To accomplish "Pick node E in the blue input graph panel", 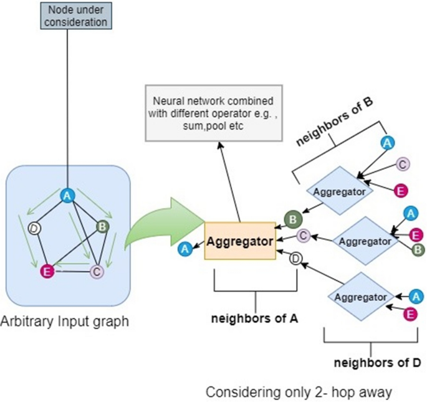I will point(45,270).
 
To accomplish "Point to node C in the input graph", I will point(96,271).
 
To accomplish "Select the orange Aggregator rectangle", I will point(240,240).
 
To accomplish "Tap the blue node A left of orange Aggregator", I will point(185,249).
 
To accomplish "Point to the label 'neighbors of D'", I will point(369,363).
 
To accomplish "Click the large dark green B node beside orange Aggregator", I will point(290,219).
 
